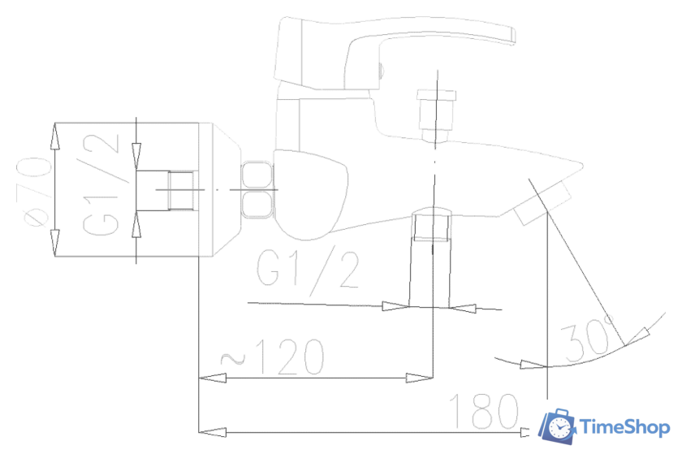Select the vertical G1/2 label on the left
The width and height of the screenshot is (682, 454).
103,189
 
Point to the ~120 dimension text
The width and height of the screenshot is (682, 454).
272,357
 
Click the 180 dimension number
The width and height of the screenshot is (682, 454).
486,412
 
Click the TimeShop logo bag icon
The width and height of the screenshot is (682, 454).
559,427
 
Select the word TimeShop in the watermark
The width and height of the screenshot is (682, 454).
624,427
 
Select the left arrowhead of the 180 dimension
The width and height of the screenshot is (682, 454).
209,431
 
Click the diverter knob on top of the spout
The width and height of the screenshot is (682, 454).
436,110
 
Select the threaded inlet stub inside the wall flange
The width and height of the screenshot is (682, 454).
180,191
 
